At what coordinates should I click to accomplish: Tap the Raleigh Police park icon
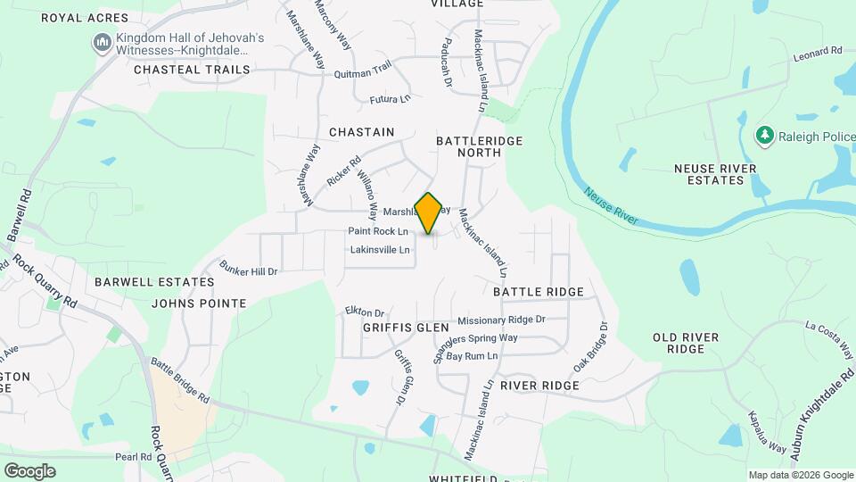[x=763, y=136]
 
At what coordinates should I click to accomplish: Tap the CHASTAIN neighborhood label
[x=361, y=132]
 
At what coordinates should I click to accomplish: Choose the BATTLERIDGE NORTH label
[x=479, y=147]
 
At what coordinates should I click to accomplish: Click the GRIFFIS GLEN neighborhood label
[x=406, y=328]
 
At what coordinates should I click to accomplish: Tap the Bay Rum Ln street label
[x=472, y=356]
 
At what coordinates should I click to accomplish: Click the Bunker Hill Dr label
[x=249, y=270]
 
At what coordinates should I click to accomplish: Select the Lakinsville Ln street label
[x=380, y=250]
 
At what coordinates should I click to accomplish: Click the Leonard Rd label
[x=818, y=55]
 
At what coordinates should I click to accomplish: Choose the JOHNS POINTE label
[x=199, y=303]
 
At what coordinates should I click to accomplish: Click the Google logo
[x=29, y=470]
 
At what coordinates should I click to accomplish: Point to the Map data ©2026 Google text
[x=800, y=475]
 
